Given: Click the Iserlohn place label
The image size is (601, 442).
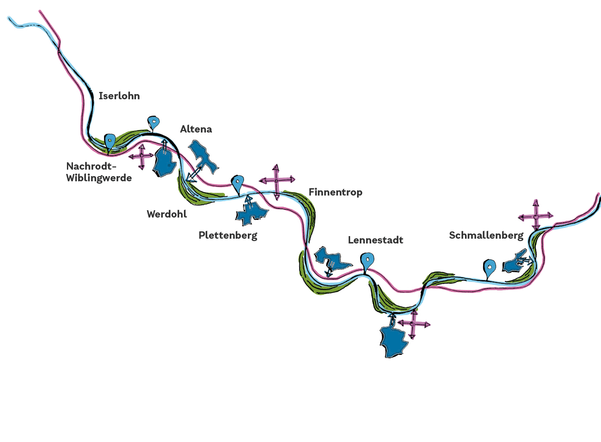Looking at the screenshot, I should point(119,96).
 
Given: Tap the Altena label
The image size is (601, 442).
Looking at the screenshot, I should point(196,129).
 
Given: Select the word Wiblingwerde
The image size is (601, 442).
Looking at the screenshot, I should point(99,178).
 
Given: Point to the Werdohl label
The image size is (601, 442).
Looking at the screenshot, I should point(167,214).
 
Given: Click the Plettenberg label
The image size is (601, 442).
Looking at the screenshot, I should point(228,236).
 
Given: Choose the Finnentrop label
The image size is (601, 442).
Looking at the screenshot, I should point(335,193).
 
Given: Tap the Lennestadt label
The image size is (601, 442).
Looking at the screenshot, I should point(376,240).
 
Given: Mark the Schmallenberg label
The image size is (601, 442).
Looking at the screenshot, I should point(486,236).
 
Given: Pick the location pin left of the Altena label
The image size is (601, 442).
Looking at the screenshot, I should point(153,123).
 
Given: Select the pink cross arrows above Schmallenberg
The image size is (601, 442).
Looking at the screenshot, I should point(535,215).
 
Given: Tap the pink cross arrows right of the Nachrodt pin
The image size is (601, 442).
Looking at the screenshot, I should point(141,156).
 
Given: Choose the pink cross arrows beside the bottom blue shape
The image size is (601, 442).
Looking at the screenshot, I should point(413,324).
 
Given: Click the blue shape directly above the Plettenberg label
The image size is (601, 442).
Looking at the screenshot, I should point(251,212).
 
